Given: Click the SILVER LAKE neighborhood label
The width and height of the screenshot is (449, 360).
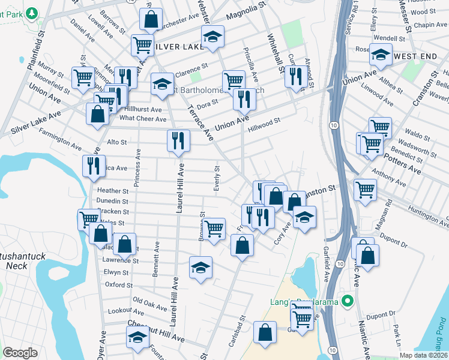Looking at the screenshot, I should click(x=175, y=46).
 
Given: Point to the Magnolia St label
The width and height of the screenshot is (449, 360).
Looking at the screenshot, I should click(x=245, y=12).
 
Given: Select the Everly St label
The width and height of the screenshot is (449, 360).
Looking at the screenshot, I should click(x=216, y=178).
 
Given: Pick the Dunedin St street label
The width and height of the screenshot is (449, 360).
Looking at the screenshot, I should click(x=113, y=201).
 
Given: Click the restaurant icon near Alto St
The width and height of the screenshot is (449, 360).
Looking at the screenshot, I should click(x=178, y=141).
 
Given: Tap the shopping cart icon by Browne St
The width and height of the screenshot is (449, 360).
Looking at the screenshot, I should click(x=214, y=229).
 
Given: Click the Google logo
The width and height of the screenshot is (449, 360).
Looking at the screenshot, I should click(x=20, y=353).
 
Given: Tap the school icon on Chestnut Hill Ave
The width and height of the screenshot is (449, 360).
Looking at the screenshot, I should click(x=137, y=337).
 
